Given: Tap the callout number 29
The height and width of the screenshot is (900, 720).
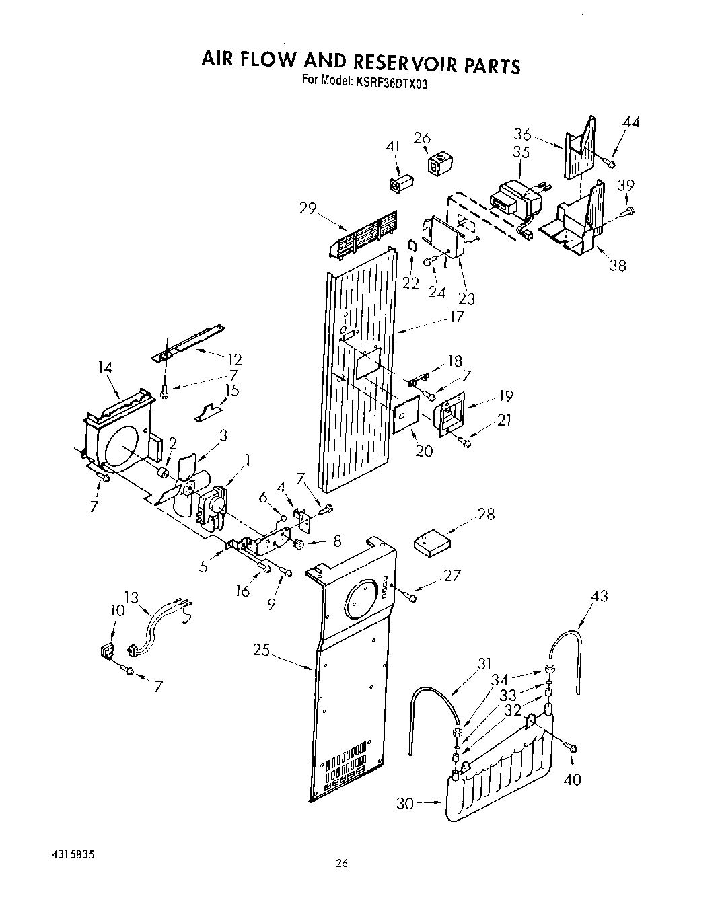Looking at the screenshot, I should coord(308,209).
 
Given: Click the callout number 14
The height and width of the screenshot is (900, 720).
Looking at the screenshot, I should coord(104,368).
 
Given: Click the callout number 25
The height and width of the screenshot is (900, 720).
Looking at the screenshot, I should coord(262,650).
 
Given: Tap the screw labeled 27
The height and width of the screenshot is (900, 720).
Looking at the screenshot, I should coord(411,596).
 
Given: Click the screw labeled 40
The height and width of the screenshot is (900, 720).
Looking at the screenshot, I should coord(573,747).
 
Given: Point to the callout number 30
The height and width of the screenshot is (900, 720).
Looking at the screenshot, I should coord(405,803).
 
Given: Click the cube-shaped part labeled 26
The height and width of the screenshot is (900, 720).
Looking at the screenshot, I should coord(438,163).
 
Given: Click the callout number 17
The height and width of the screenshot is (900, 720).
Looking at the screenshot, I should coord(457,316).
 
